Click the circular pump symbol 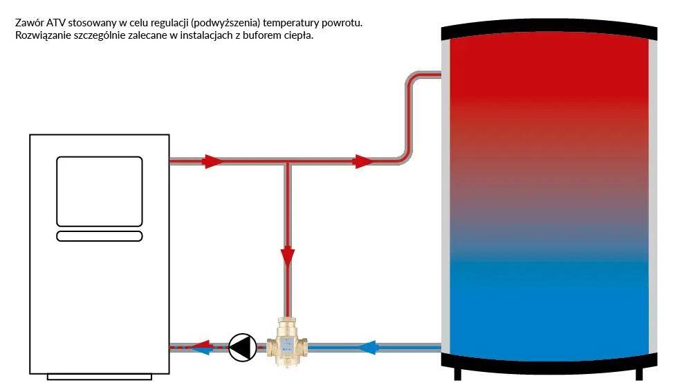point(242,347)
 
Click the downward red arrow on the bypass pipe point(288,256)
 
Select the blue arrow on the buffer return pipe point(367,346)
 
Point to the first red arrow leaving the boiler point(212,161)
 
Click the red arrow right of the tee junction point(362,161)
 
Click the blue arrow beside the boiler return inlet point(201,350)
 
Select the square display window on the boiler point(99,191)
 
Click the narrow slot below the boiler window point(99,236)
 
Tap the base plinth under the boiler point(99,376)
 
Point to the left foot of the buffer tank point(457,373)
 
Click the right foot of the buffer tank point(638,373)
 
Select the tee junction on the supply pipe point(288,162)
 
